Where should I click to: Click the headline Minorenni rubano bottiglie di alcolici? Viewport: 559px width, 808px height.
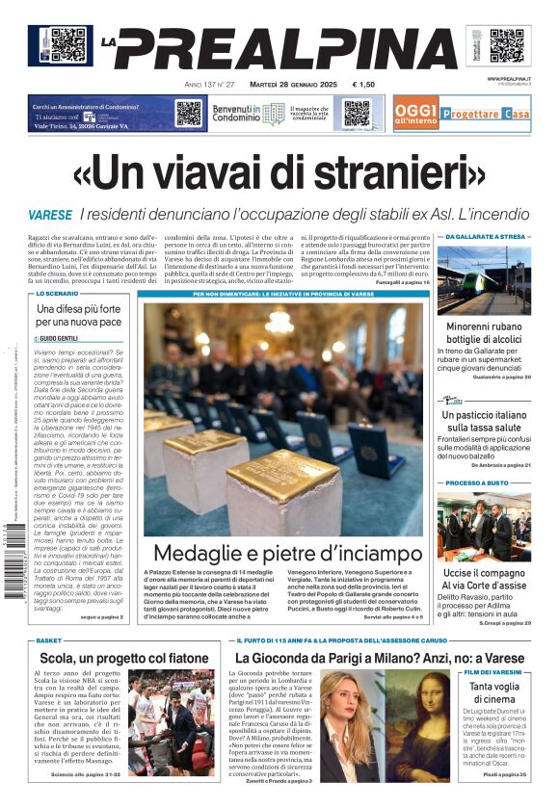[484, 333]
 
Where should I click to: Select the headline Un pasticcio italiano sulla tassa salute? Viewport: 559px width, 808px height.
[484, 421]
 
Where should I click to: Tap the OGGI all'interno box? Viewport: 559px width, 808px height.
[415, 114]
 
